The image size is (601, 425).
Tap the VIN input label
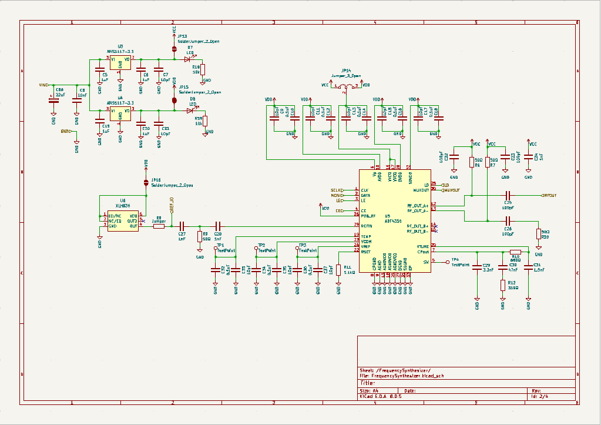point(43,85)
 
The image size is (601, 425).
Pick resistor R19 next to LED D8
point(205,121)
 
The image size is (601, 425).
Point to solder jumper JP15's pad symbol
point(174,100)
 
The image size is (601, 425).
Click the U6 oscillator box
point(122,220)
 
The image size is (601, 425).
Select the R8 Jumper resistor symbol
point(159,226)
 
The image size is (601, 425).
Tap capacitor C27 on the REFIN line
point(182,226)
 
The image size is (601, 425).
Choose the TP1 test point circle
point(216,248)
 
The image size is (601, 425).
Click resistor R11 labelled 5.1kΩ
point(338,270)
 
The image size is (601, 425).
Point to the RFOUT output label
point(548,195)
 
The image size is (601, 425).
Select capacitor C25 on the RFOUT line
point(508,195)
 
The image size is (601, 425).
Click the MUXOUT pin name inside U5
point(421,190)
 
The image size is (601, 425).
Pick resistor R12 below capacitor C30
point(503,285)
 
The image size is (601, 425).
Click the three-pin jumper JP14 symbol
point(347,86)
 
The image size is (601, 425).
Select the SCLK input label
point(337,190)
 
